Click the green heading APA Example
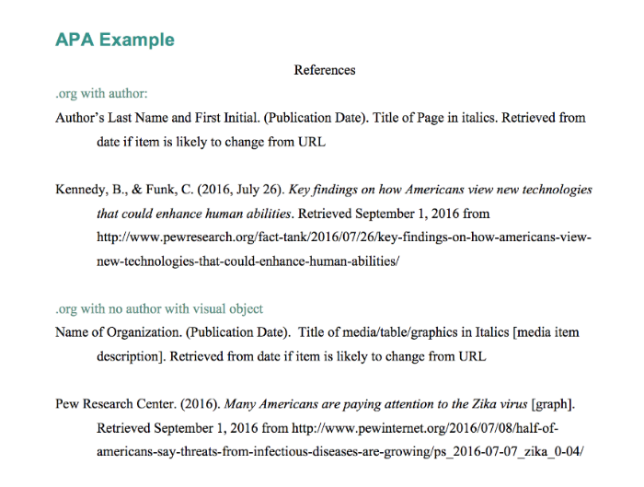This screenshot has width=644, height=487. click(x=114, y=40)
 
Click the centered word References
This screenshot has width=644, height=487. click(x=324, y=70)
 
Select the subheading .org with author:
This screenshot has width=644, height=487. click(x=101, y=94)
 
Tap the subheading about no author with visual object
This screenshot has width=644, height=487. click(x=159, y=308)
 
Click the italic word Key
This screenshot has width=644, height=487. click(x=301, y=190)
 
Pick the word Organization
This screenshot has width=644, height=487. click(x=137, y=332)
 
